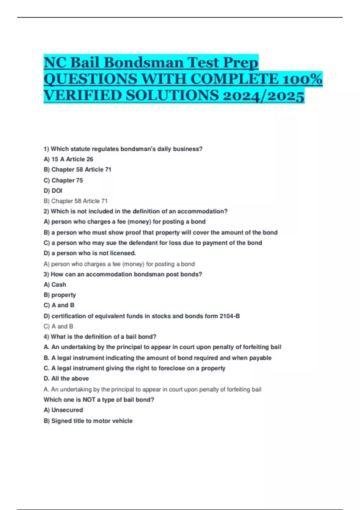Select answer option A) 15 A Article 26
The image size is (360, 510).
click(x=68, y=159)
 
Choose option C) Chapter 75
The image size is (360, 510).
click(x=63, y=180)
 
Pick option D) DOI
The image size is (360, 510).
click(x=53, y=191)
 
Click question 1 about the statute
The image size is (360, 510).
click(x=123, y=149)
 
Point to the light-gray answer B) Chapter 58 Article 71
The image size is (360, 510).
click(x=76, y=201)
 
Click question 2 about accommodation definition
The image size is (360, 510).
click(x=136, y=211)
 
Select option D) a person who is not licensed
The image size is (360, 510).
click(x=90, y=253)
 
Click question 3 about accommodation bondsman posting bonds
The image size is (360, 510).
click(x=123, y=274)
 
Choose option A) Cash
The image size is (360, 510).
click(x=55, y=285)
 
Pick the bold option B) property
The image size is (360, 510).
click(x=60, y=295)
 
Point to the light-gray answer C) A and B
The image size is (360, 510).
click(x=58, y=326)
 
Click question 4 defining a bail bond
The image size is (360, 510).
click(x=100, y=337)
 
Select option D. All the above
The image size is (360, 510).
click(x=66, y=379)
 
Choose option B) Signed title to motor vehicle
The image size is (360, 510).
click(x=88, y=421)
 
